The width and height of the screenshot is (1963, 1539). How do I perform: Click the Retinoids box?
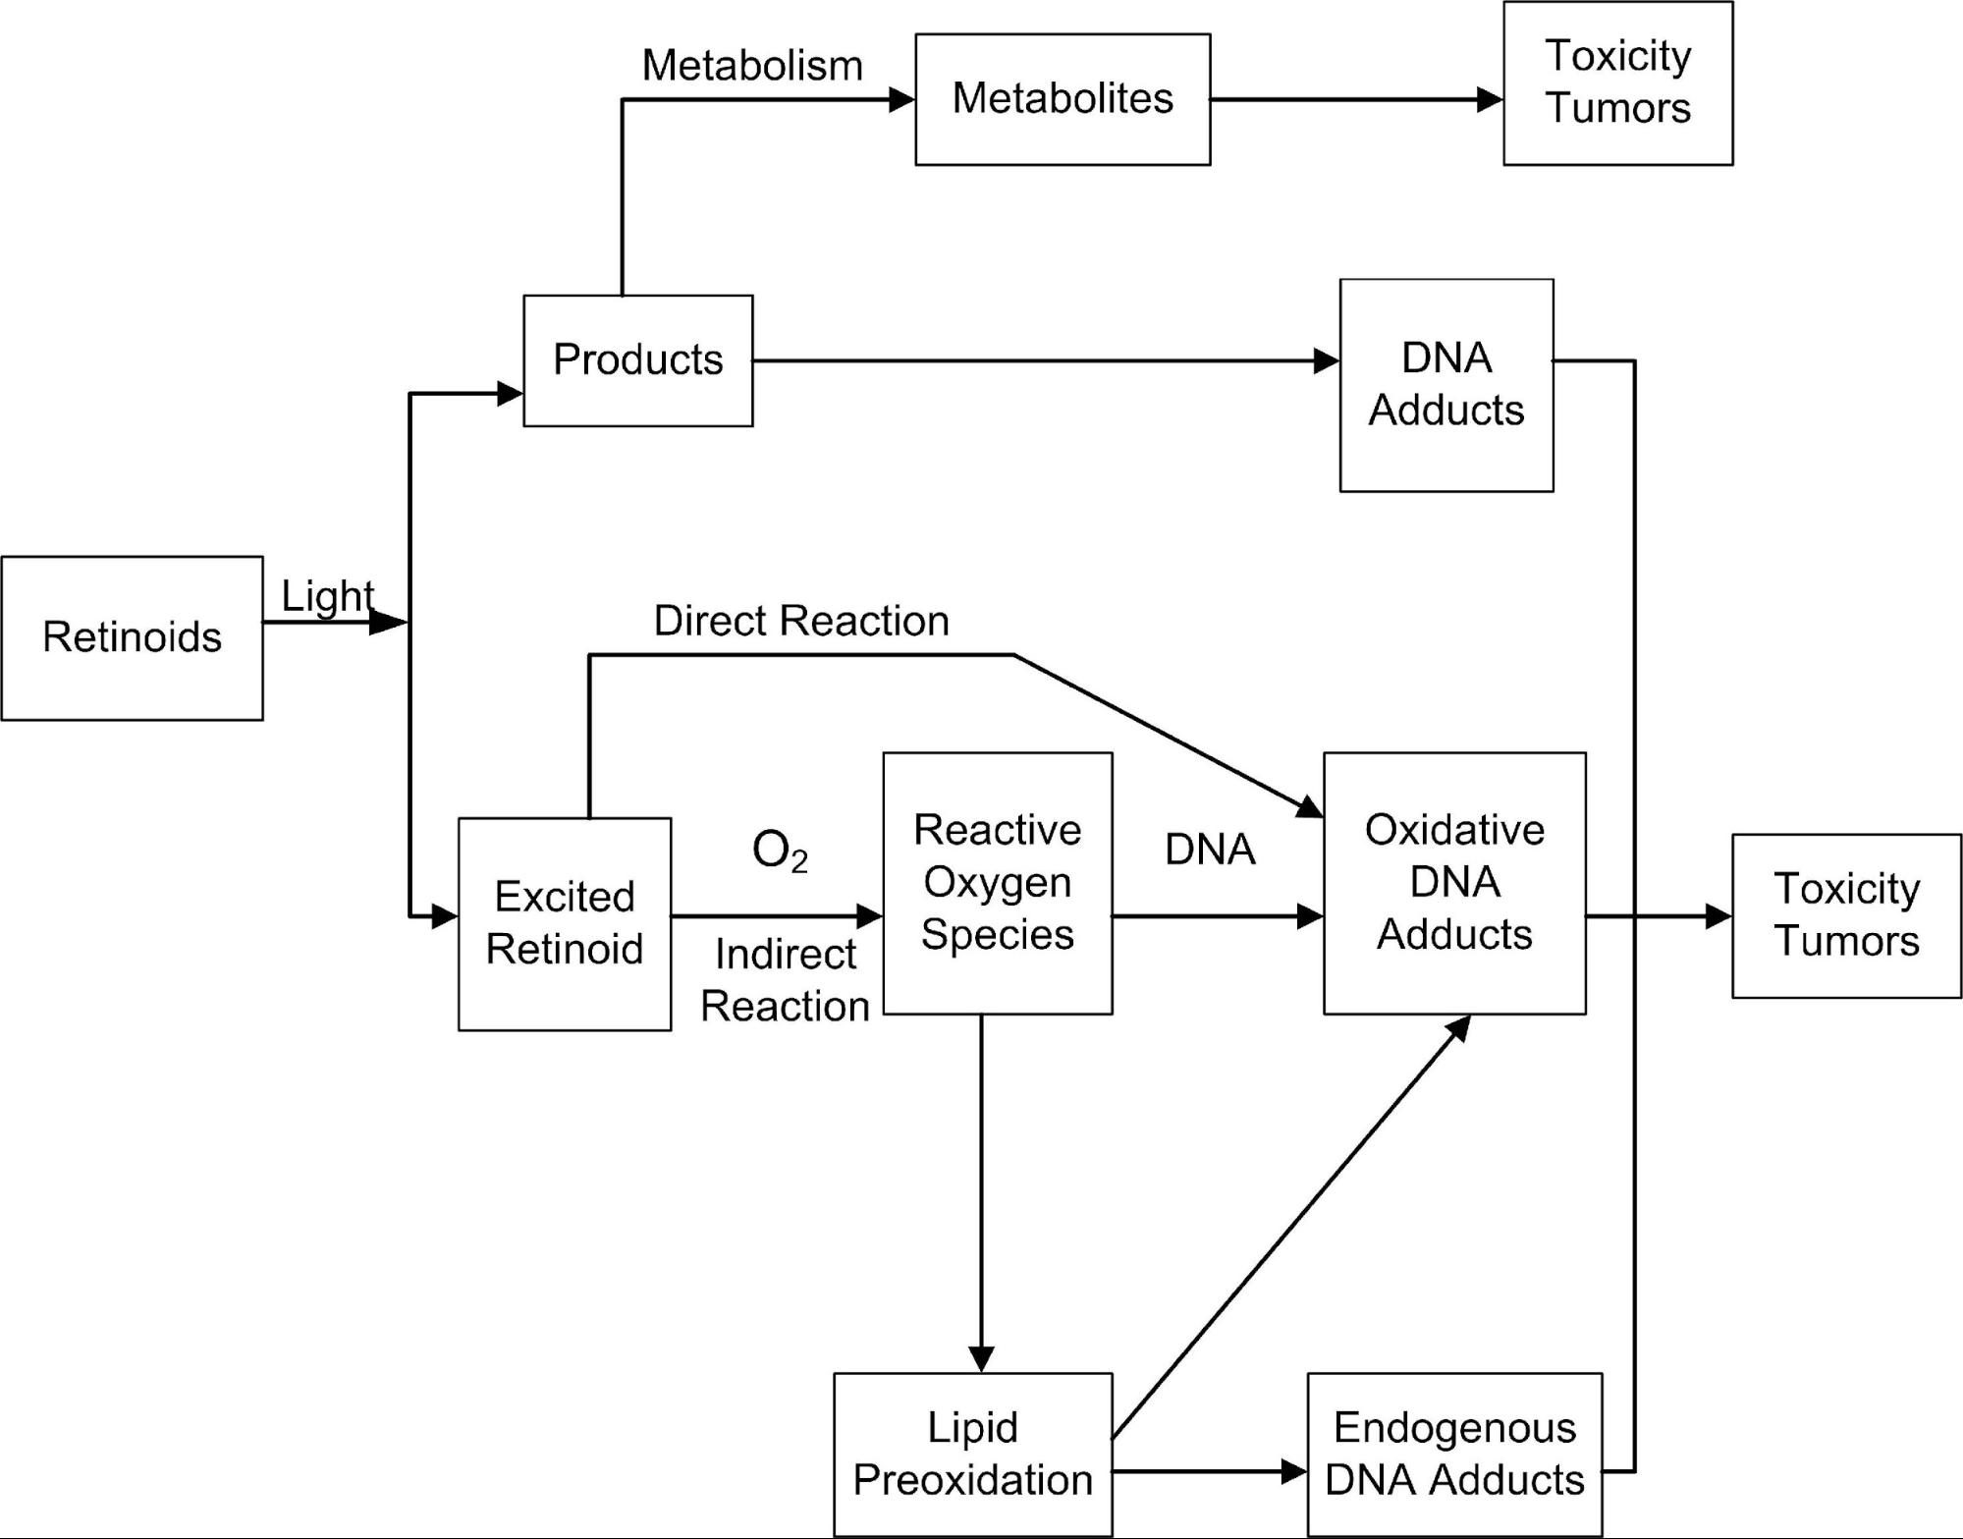click(x=132, y=638)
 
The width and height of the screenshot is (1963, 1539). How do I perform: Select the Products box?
click(x=637, y=360)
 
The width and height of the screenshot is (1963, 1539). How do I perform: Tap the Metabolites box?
click(x=1062, y=99)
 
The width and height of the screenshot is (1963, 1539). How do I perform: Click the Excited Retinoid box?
click(x=565, y=923)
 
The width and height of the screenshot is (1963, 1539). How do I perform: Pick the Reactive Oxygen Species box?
click(x=997, y=883)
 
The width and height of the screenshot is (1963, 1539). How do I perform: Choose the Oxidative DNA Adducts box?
click(x=1453, y=883)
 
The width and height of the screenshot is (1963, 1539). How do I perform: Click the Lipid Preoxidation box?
click(x=972, y=1454)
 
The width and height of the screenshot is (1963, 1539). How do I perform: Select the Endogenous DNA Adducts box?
click(x=1453, y=1454)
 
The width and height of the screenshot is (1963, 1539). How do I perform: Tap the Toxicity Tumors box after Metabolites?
click(x=1617, y=83)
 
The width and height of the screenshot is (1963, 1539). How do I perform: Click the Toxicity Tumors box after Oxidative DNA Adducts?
click(x=1846, y=915)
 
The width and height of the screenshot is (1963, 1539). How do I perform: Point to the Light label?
click(x=327, y=596)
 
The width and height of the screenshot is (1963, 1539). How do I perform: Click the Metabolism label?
click(x=752, y=66)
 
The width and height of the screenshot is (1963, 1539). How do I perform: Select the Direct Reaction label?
click(x=801, y=621)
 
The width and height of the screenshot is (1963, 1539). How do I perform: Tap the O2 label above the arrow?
click(x=780, y=851)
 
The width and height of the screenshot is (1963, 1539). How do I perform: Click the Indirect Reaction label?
click(x=785, y=980)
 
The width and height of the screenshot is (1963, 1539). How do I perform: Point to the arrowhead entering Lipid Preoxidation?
click(x=981, y=1359)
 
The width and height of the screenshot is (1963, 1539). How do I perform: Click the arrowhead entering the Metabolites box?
click(x=901, y=99)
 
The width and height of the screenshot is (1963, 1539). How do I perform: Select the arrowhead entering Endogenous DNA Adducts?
click(x=1294, y=1471)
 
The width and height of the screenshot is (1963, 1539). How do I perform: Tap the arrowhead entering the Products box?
click(x=510, y=394)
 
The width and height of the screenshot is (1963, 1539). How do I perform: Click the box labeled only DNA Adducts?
click(x=1445, y=385)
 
